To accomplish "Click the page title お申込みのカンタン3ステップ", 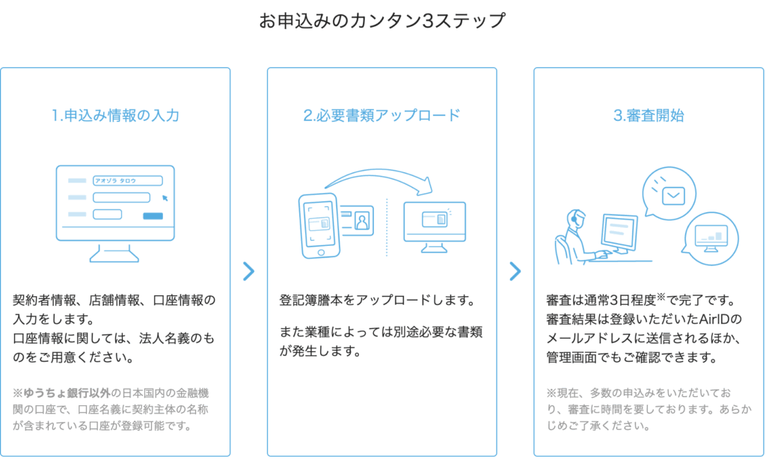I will pos(382,21).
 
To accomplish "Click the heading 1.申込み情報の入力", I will pos(115,116).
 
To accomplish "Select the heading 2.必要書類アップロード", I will pos(382,116).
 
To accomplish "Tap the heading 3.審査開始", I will pos(649,116).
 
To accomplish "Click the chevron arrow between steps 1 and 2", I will pos(249,271).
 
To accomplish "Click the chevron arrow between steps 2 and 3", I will pos(515,271).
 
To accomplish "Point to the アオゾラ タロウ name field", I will pos(127,181).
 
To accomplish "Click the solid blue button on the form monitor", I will pos(153,216).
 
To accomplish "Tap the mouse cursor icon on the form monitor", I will pos(165,198).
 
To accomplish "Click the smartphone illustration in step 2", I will pos(319,224).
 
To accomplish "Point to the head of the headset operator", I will pos(577,218).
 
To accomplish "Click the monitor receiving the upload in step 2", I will pos(434,221).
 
